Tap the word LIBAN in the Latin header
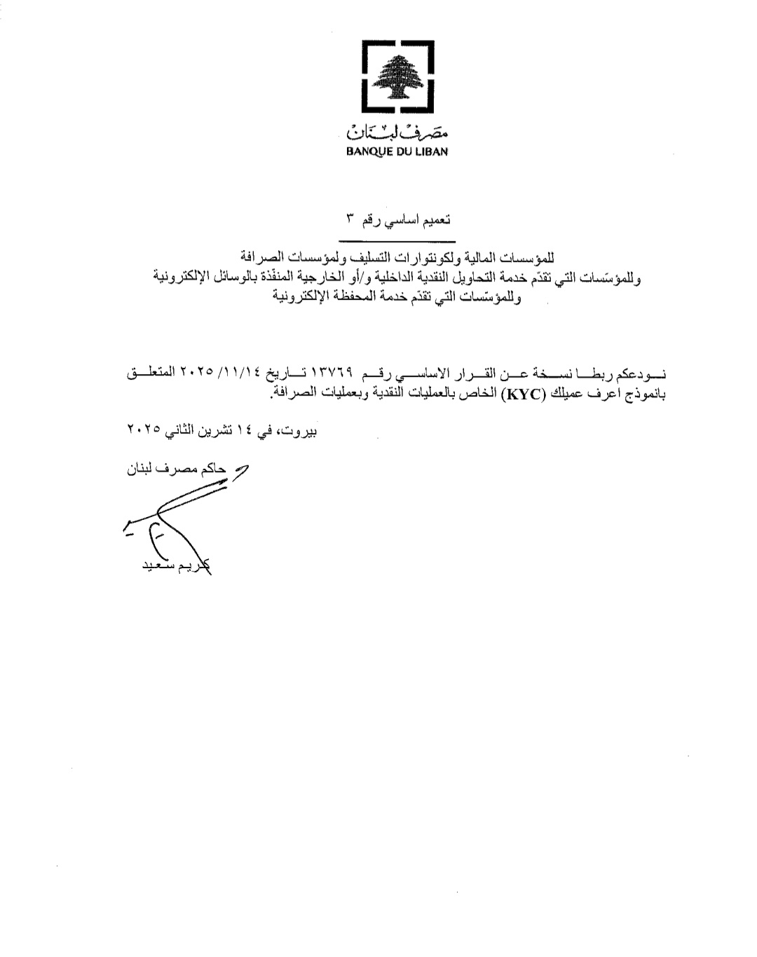[432, 151]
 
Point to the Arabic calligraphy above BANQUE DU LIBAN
[397, 131]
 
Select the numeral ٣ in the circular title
[349, 220]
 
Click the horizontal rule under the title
[397, 242]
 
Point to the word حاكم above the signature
[212, 470]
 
